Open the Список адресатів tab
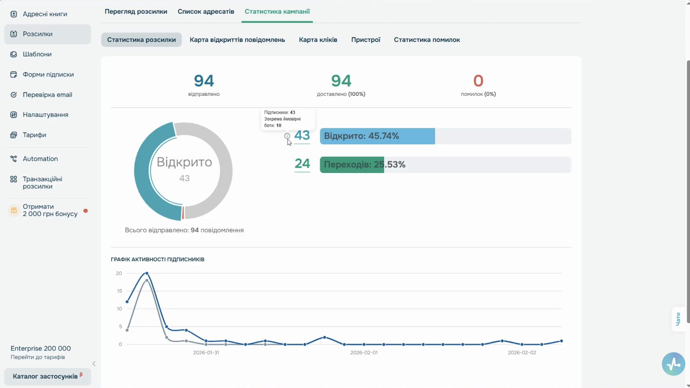coord(206,11)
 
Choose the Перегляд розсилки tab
coord(136,11)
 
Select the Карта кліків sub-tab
coord(318,40)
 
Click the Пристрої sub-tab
coord(366,40)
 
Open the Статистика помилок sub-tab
coord(427,40)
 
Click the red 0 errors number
coord(478,81)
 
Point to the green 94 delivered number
coord(341,81)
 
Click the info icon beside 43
coord(287,136)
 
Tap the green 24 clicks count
coord(302,164)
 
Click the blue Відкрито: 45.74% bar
coord(377,136)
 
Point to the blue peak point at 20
coord(147,273)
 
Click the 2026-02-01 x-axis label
coord(364,353)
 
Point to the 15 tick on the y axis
coord(119,291)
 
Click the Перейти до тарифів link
coord(38,357)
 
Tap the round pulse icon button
coord(673,364)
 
